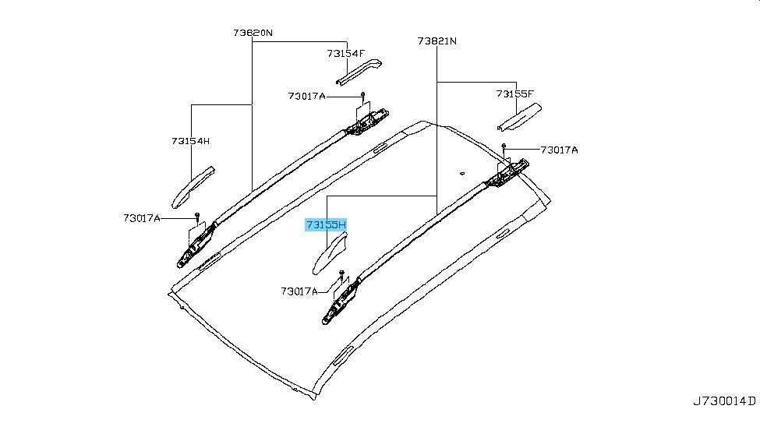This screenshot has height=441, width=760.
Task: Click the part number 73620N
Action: tap(253, 33)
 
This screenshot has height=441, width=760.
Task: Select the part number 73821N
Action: tap(437, 41)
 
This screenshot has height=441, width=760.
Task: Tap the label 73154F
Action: tap(345, 53)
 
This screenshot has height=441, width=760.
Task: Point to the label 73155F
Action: tap(514, 93)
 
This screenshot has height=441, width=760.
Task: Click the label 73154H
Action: tap(190, 141)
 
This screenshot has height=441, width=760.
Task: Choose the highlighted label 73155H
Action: tap(326, 225)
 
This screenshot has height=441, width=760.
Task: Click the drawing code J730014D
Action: tap(723, 401)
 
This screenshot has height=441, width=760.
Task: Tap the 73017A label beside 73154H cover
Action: tap(142, 218)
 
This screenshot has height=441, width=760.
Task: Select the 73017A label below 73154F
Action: tap(307, 96)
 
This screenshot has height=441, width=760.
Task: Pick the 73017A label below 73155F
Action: tap(560, 150)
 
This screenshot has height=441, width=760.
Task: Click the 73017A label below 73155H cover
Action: tap(299, 291)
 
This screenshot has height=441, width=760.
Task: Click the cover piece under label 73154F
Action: tap(359, 72)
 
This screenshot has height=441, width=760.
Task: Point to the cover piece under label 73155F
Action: tap(519, 118)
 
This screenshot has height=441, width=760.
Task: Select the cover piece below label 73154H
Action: tap(193, 188)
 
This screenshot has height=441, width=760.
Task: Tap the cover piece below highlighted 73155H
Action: tap(330, 253)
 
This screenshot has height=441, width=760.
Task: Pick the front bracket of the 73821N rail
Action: tap(341, 301)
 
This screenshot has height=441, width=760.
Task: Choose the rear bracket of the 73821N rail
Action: tap(507, 174)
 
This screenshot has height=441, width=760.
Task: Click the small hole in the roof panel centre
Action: tap(462, 172)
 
